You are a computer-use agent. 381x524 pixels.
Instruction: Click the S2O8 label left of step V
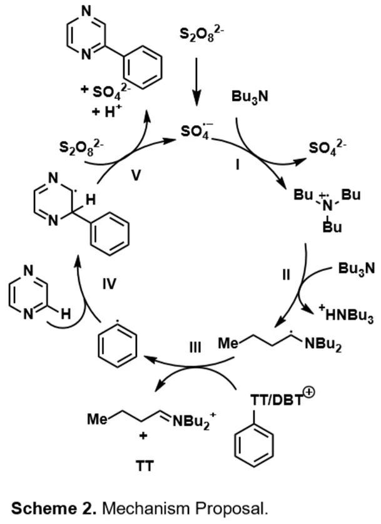[82, 148]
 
